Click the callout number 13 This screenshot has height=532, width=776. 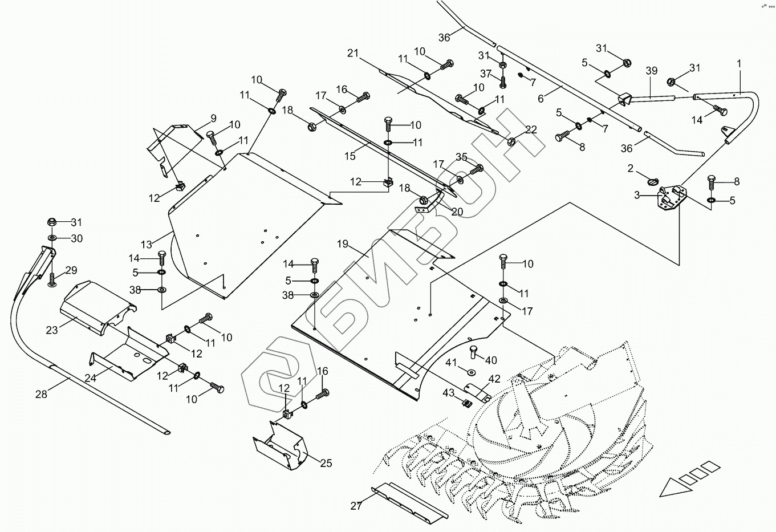point(147,245)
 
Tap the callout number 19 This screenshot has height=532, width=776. point(342,244)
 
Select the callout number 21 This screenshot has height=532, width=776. point(352,54)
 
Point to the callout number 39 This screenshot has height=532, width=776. point(652,71)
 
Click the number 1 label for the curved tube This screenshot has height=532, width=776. point(740,64)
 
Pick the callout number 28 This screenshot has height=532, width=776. point(41,393)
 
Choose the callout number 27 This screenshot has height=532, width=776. point(356,506)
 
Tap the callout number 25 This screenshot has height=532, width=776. point(326,463)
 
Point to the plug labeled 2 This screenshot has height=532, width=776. point(653,181)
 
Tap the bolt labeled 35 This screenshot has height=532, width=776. point(477,169)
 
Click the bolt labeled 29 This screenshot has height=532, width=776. point(53,279)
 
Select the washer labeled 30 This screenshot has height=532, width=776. point(52,237)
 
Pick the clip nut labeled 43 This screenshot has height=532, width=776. point(466,404)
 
